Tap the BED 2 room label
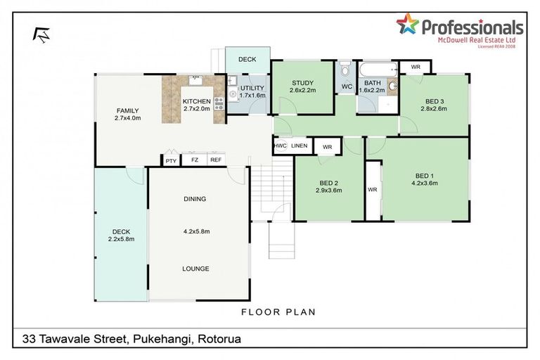(328, 183)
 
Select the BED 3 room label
(434, 101)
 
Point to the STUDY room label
(303, 83)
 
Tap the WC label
(347, 87)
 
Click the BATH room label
(373, 82)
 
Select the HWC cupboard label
(280, 146)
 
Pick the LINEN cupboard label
(300, 146)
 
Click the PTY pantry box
(171, 161)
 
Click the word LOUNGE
(195, 269)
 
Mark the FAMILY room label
(127, 110)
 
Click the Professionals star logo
(407, 25)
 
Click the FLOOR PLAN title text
(278, 311)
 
